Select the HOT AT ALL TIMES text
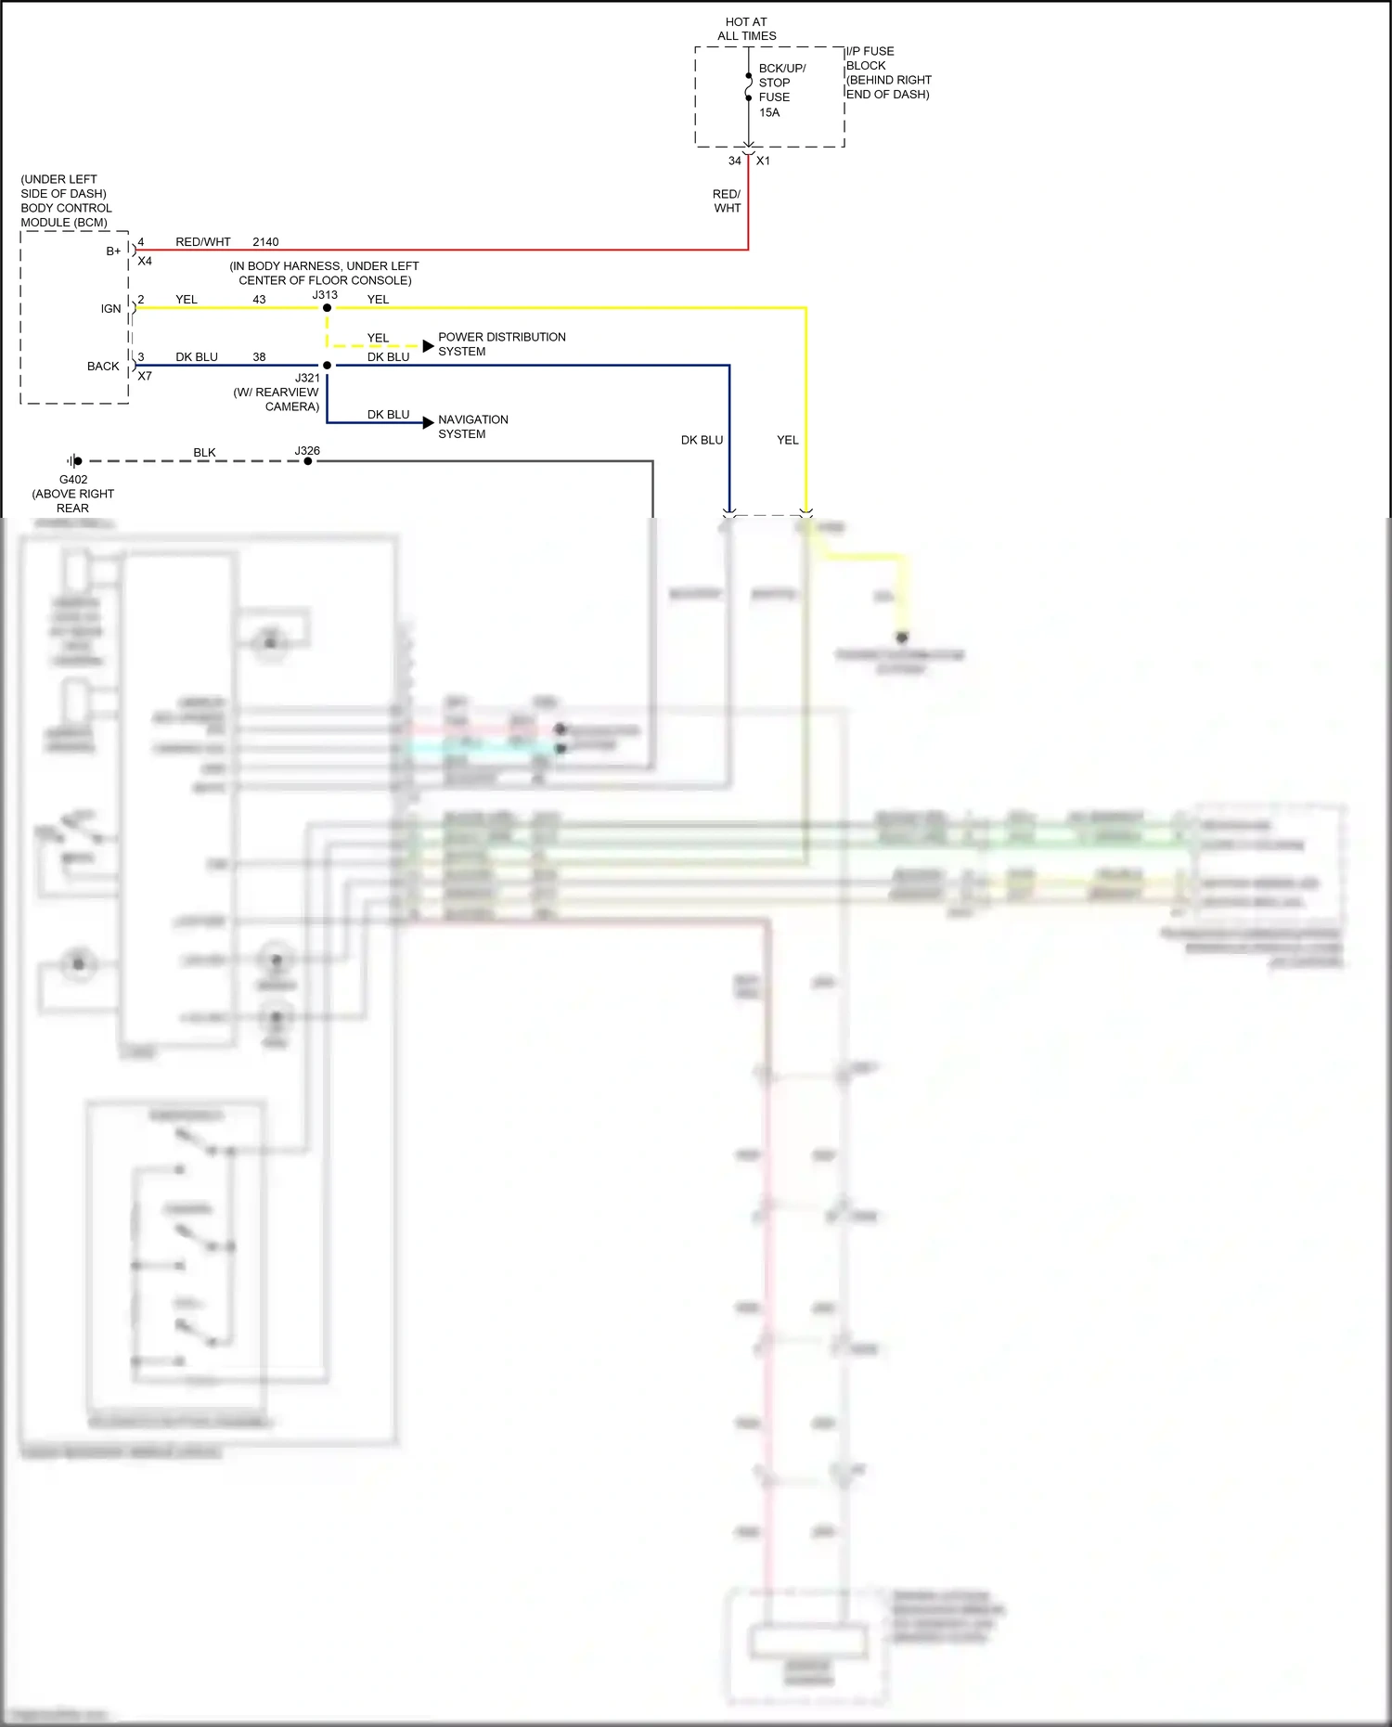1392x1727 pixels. coord(746,29)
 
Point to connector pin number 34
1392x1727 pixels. coord(734,161)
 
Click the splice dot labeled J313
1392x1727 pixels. coord(327,308)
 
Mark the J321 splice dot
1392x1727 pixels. coord(327,366)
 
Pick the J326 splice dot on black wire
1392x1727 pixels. coord(308,461)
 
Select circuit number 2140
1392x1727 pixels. coord(265,242)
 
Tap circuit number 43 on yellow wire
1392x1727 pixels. coord(259,300)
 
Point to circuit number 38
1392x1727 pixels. coord(259,357)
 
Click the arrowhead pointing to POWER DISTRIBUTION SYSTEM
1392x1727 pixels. coord(428,346)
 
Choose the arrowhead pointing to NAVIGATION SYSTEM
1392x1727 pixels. coord(428,423)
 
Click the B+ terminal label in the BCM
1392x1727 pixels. coord(113,251)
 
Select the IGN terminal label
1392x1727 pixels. coord(110,309)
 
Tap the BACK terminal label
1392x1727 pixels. coord(103,367)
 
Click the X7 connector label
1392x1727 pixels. coord(145,377)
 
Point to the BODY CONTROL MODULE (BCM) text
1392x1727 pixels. coord(66,215)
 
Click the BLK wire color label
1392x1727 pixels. coord(204,453)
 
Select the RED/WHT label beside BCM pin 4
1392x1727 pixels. coord(202,242)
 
